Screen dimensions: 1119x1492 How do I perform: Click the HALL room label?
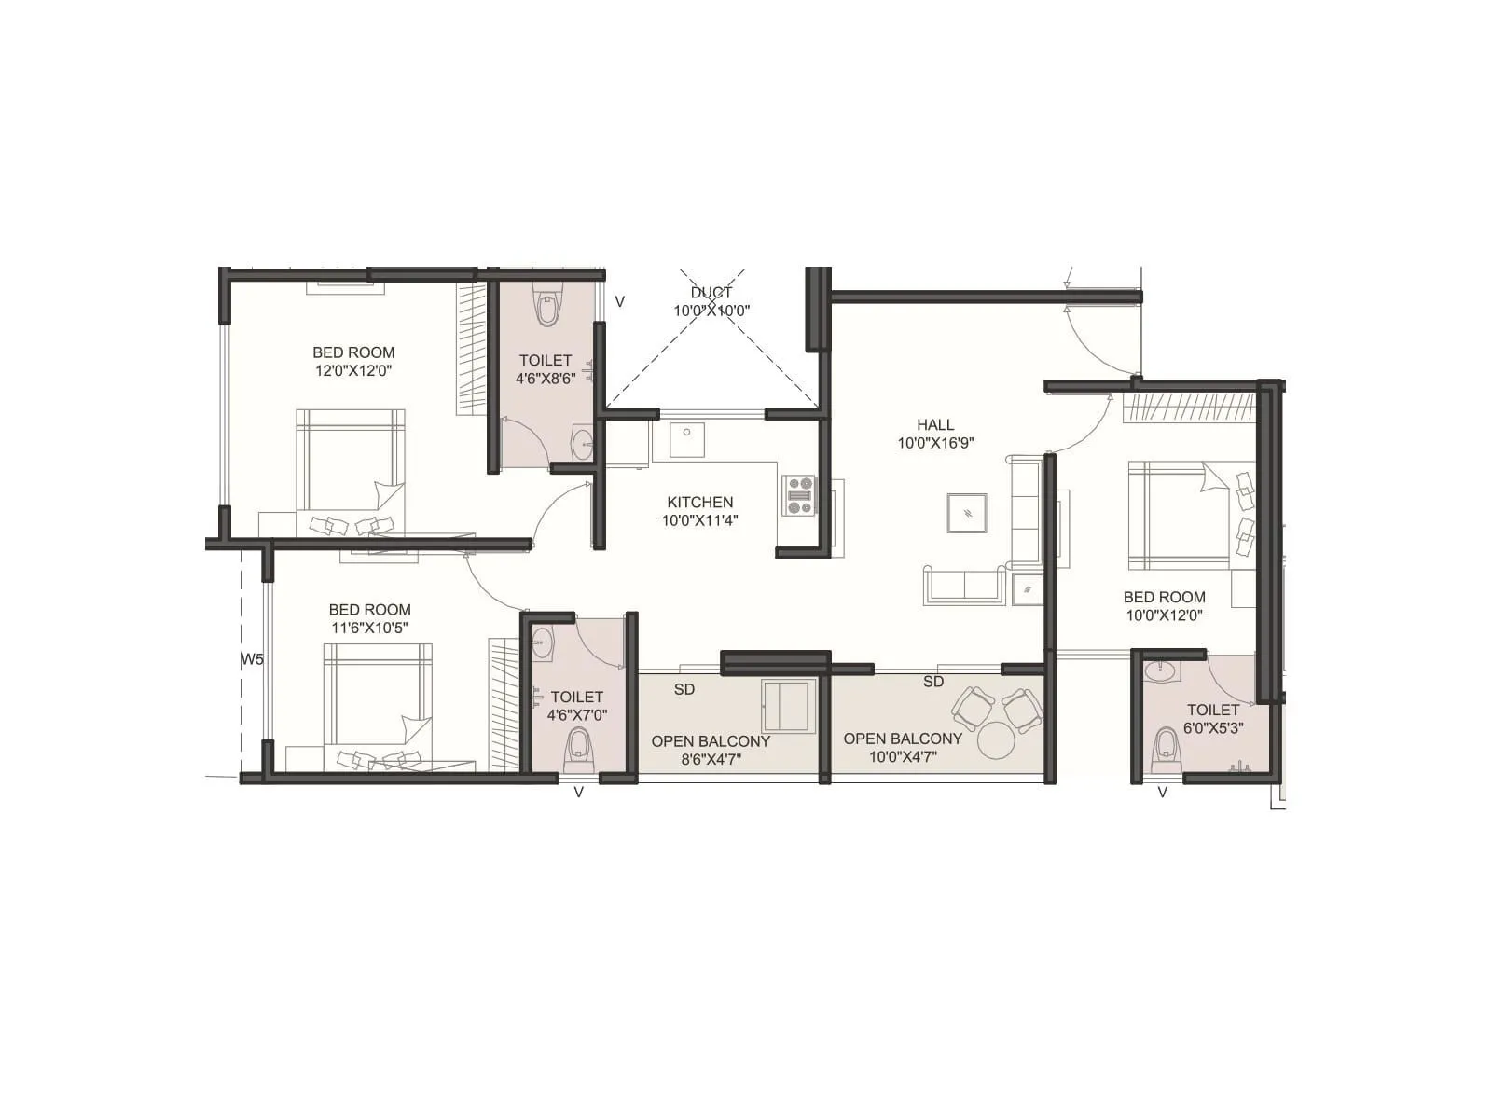[x=935, y=424]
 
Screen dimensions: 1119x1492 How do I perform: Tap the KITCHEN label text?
[x=699, y=502]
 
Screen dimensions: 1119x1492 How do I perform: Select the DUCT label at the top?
[x=711, y=293]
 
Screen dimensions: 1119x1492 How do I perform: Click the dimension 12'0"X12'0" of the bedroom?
[x=353, y=370]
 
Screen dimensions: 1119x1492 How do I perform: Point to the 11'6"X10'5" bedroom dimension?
[x=369, y=629]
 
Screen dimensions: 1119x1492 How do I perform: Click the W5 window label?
[x=252, y=659]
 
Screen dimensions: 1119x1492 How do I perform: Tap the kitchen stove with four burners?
[x=800, y=495]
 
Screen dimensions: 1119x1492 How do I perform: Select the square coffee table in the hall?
[x=967, y=513]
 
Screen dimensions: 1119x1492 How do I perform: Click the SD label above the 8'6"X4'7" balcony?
[x=684, y=689]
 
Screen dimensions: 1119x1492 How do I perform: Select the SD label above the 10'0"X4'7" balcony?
[x=933, y=682]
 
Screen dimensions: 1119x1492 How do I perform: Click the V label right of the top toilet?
[x=619, y=302]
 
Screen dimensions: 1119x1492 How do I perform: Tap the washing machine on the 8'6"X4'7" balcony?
[x=788, y=706]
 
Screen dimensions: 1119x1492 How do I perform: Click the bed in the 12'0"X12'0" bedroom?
[x=351, y=471]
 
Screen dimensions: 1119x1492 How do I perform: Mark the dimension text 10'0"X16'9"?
[x=935, y=443]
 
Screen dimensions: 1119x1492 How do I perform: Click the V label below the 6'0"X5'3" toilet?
[x=1162, y=793]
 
